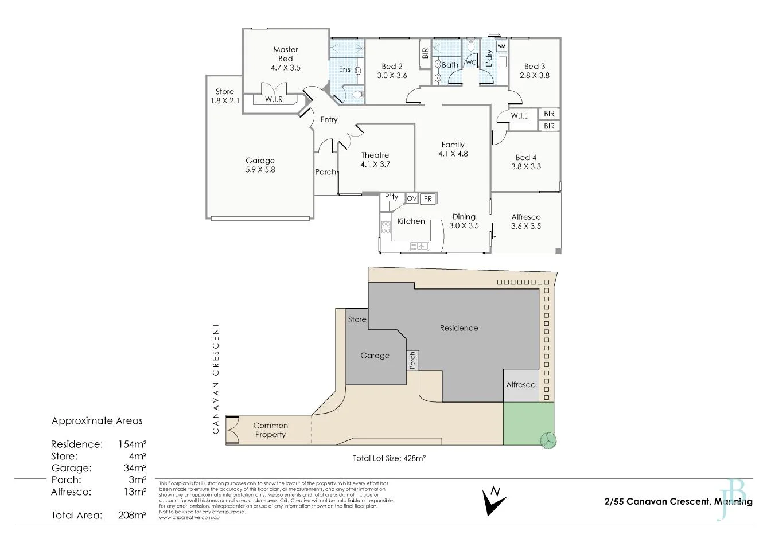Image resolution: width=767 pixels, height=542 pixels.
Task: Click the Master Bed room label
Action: [x=285, y=59]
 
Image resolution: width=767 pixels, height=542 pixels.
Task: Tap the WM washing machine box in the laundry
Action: [x=501, y=46]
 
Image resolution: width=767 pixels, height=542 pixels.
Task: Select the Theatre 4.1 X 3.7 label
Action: [x=375, y=159]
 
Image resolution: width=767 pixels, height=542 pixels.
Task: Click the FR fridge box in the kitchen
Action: [x=427, y=199]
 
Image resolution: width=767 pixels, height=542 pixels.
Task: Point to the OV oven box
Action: [x=411, y=198]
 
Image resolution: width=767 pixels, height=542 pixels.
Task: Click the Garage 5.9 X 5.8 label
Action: [x=260, y=165]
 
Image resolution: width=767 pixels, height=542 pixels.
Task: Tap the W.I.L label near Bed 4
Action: [x=519, y=116]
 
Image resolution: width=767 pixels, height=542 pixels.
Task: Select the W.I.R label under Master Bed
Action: [x=274, y=99]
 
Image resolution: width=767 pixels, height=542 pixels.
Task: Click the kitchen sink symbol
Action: [x=419, y=246]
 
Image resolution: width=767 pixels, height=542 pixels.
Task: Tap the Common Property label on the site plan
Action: [x=270, y=430]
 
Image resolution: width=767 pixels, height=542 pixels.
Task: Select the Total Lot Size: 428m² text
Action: [x=388, y=458]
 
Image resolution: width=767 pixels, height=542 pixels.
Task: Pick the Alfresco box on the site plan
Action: [x=520, y=384]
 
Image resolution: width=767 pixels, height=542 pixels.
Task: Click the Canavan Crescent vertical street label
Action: [x=216, y=378]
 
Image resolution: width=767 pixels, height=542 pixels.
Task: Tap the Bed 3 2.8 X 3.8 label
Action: [x=534, y=71]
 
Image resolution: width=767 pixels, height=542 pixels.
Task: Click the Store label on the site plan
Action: [x=357, y=319]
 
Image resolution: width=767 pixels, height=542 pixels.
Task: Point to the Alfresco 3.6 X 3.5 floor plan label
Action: [x=525, y=221]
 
